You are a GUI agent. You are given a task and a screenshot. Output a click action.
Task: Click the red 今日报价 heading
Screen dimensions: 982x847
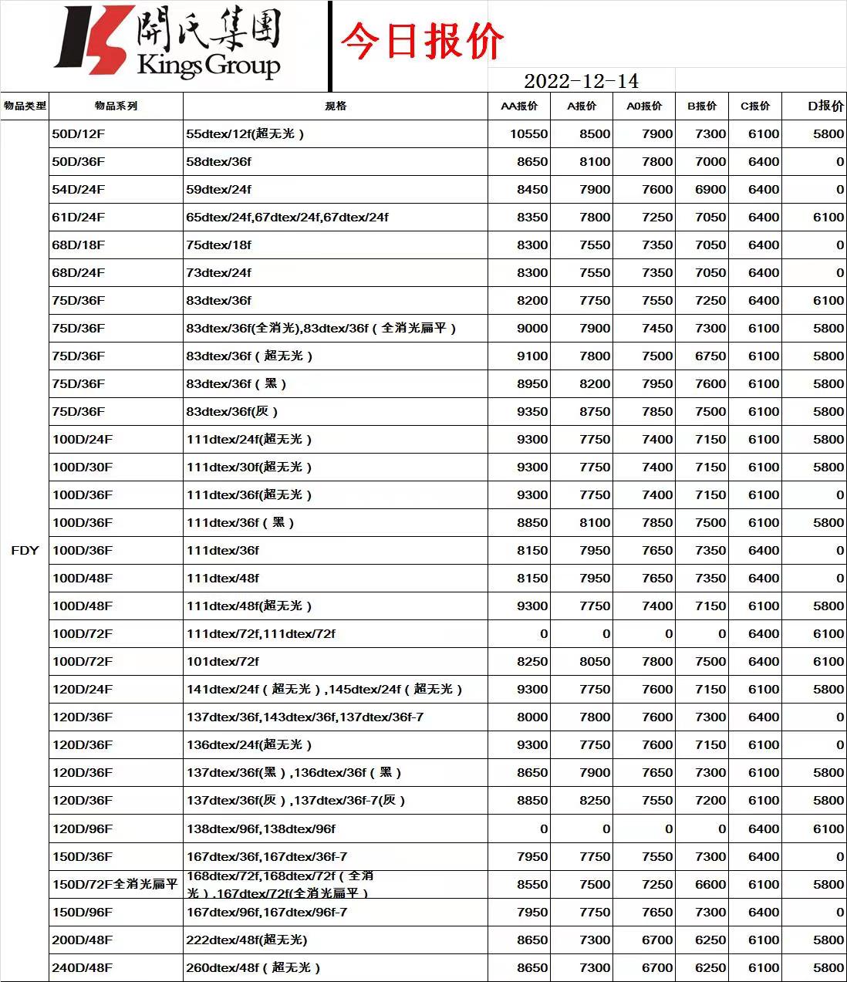click(422, 41)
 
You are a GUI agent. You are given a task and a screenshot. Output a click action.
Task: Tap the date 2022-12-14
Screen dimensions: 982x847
click(581, 81)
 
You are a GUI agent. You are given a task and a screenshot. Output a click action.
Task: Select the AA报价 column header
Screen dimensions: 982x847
click(519, 106)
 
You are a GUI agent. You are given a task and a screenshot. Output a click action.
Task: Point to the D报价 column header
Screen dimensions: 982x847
click(825, 106)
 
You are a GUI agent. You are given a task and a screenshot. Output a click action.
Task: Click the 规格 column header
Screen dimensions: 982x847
click(336, 106)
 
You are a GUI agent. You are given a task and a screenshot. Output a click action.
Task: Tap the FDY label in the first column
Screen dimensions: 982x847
click(25, 550)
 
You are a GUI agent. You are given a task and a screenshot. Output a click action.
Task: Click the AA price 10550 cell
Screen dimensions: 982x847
click(528, 133)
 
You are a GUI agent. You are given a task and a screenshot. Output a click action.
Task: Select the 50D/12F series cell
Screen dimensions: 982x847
click(79, 133)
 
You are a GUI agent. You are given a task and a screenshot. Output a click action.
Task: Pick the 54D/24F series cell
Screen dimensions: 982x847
click(79, 189)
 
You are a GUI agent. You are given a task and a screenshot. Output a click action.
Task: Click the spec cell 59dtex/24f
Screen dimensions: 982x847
click(219, 189)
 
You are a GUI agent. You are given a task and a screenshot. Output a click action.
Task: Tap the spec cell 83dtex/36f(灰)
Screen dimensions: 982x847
click(232, 411)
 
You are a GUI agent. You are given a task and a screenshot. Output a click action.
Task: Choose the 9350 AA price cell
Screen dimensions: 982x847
click(532, 411)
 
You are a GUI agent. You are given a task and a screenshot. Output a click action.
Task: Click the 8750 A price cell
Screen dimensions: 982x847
click(595, 411)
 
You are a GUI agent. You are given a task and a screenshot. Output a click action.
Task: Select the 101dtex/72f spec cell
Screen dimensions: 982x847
click(223, 661)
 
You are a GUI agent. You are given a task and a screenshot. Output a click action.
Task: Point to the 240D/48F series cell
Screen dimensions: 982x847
click(83, 967)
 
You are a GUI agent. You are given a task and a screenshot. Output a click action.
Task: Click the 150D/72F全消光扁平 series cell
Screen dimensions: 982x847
click(115, 884)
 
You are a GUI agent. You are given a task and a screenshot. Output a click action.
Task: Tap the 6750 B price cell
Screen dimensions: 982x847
click(710, 356)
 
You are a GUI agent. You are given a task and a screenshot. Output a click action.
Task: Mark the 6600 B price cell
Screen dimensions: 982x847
click(710, 884)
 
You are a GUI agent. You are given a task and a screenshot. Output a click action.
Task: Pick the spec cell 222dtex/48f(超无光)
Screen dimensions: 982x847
click(247, 940)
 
